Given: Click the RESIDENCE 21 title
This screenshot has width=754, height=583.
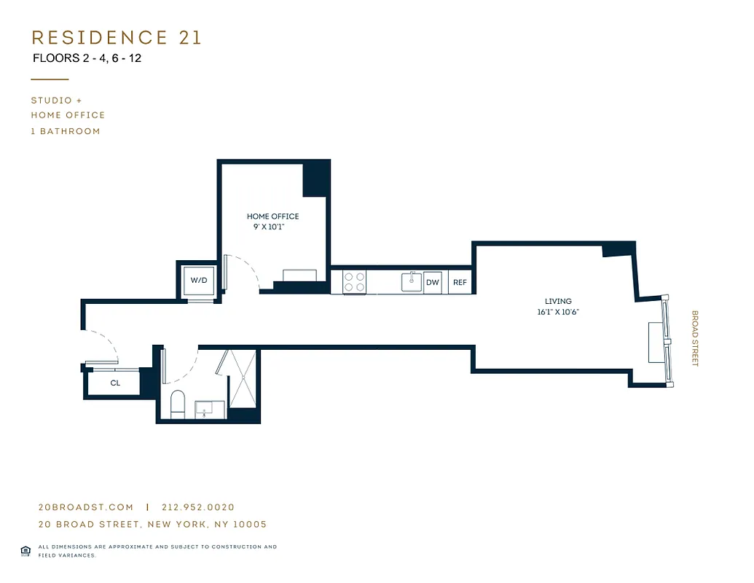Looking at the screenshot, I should coord(117,37).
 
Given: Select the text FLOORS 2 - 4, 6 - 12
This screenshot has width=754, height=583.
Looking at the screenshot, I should coord(87,58).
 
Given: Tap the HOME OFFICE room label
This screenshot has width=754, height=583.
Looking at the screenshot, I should coord(272,216).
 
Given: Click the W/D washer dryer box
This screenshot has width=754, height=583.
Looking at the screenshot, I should coord(199,281).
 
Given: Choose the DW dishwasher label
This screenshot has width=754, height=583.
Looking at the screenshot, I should coord(433,282).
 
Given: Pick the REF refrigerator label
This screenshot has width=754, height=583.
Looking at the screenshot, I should coord(460,282).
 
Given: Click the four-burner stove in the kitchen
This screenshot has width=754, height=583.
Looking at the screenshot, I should coord(355,282).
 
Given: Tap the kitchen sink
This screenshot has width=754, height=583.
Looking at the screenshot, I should coord(412,282).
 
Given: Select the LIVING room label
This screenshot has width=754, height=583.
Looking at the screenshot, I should coord(558,301).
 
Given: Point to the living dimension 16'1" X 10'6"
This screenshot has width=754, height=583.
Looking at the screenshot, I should coord(558,312).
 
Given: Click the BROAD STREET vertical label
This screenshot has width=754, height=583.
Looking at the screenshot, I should coord(694,339).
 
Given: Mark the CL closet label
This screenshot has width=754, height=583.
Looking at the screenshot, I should coord(115,383).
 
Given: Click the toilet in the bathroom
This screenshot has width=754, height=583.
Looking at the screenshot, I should coord(178,404).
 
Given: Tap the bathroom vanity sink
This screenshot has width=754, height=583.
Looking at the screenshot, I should coord(210,410).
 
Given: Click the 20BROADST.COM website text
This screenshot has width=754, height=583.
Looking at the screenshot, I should coord(85,507).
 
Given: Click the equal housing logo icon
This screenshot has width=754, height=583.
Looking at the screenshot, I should coord(25,550).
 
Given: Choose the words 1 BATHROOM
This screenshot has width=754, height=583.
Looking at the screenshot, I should coord(66,131).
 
